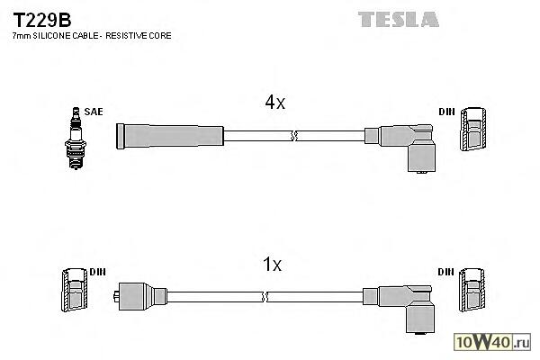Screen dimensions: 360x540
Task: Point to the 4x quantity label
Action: pos(274,103)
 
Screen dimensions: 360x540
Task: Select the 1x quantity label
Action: pos(272,265)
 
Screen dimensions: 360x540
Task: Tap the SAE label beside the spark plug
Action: pos(94,112)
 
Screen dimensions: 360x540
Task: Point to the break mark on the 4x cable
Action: pos(294,136)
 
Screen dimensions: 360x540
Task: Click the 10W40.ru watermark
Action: pos(498,342)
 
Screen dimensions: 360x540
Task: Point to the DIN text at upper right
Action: pos(447,112)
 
